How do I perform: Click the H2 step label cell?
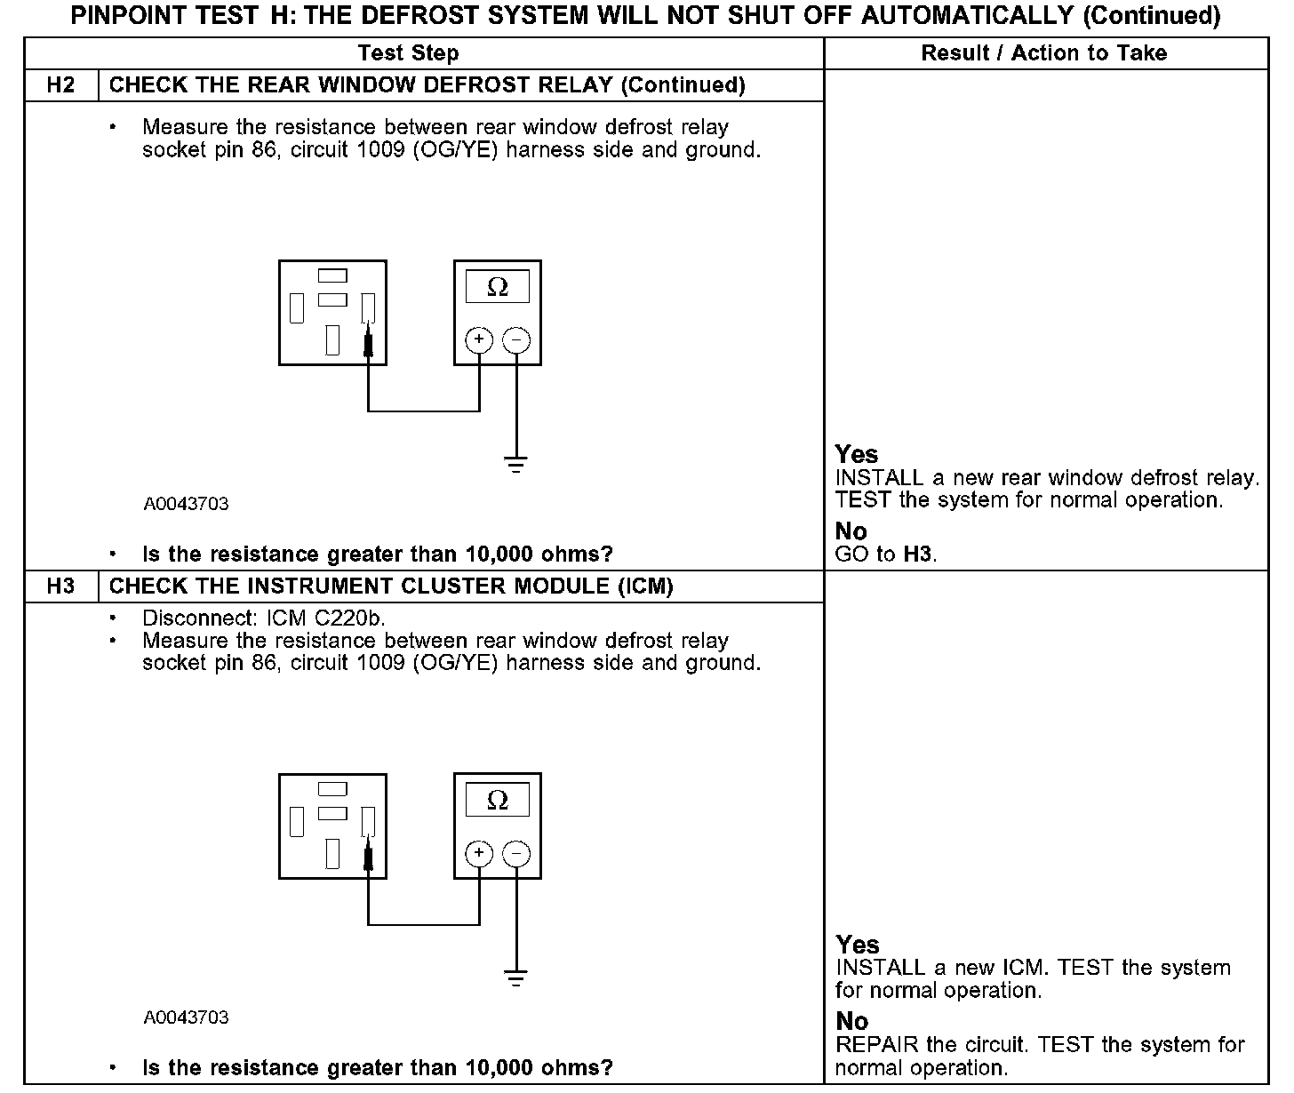[x=60, y=85]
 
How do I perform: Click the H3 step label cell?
[x=60, y=586]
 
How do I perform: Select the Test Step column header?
[x=408, y=53]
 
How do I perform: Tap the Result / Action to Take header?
[x=1044, y=53]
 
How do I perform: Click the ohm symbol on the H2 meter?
[x=498, y=287]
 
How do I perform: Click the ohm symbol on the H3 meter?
[x=498, y=800]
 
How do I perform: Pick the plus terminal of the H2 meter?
[x=479, y=339]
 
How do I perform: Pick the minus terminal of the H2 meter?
[x=516, y=339]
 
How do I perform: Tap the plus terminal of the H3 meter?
[x=479, y=853]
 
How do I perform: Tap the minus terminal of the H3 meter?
[x=516, y=853]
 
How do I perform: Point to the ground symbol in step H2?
[x=515, y=464]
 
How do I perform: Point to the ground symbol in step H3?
[x=515, y=977]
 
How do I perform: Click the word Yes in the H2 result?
[x=857, y=454]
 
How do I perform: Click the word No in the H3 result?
[x=852, y=1021]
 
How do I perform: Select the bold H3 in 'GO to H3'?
[x=918, y=554]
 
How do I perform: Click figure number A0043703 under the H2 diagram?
[x=186, y=504]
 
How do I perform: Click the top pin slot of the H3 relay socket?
[x=332, y=788]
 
